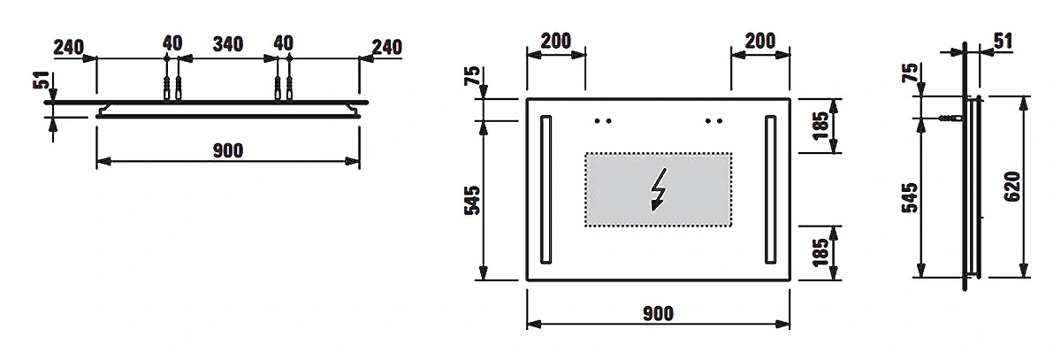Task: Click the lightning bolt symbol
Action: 659,189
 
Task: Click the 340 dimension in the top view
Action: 228,44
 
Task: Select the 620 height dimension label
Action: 1012,187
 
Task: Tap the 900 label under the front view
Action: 658,314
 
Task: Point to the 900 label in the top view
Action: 228,150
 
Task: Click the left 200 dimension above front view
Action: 555,42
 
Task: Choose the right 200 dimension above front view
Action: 760,42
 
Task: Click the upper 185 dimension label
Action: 821,126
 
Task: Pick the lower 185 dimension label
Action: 821,252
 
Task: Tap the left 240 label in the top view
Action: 69,48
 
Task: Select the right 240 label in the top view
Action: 387,48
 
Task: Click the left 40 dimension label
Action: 172,43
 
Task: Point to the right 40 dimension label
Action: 283,43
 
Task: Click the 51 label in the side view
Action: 1003,42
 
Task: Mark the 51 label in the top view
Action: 42,80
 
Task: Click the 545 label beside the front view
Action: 472,200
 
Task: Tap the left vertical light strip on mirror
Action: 546,189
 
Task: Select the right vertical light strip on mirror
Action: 771,189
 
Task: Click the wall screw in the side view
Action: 951,118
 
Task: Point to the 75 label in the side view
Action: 910,73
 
